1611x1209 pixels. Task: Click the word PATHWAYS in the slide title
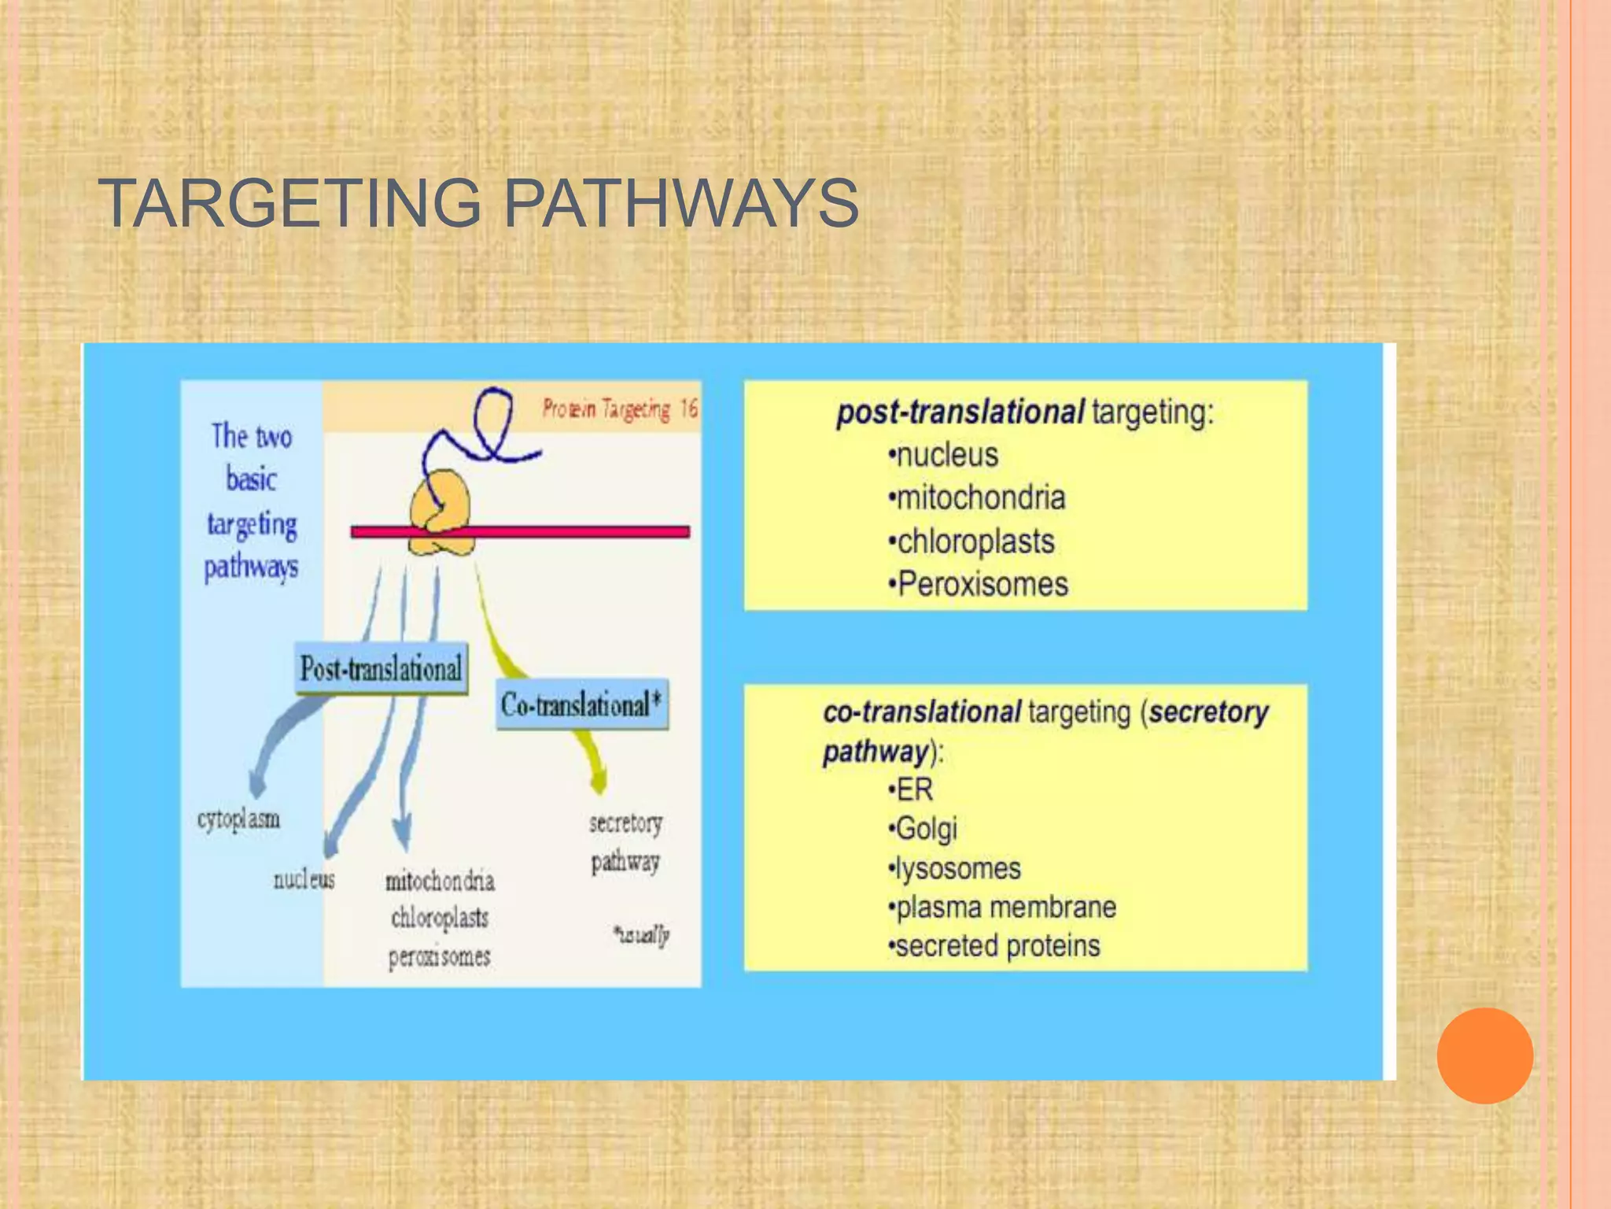tap(680, 203)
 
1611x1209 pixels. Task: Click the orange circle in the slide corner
tap(1484, 1055)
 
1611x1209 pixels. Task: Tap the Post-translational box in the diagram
tap(381, 669)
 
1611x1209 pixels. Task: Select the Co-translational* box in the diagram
tap(581, 704)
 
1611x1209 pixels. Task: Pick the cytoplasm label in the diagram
tap(238, 819)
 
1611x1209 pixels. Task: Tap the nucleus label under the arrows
tap(304, 879)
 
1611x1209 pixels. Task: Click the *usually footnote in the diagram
tap(641, 934)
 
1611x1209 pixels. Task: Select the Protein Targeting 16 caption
tap(620, 409)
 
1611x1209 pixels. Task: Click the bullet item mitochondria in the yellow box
tap(980, 497)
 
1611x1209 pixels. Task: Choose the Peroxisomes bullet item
tap(982, 584)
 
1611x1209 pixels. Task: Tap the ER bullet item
tap(913, 789)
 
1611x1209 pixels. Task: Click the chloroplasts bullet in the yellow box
tap(975, 542)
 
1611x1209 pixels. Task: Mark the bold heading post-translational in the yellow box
tap(960, 412)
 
